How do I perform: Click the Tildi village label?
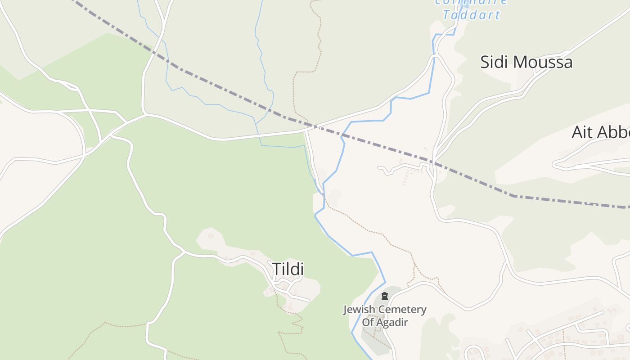(288, 270)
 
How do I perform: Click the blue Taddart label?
(471, 15)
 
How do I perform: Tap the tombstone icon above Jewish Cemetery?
(384, 296)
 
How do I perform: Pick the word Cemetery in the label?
(403, 310)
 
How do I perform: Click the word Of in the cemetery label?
(368, 322)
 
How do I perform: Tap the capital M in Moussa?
(522, 62)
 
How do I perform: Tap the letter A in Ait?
(578, 132)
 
